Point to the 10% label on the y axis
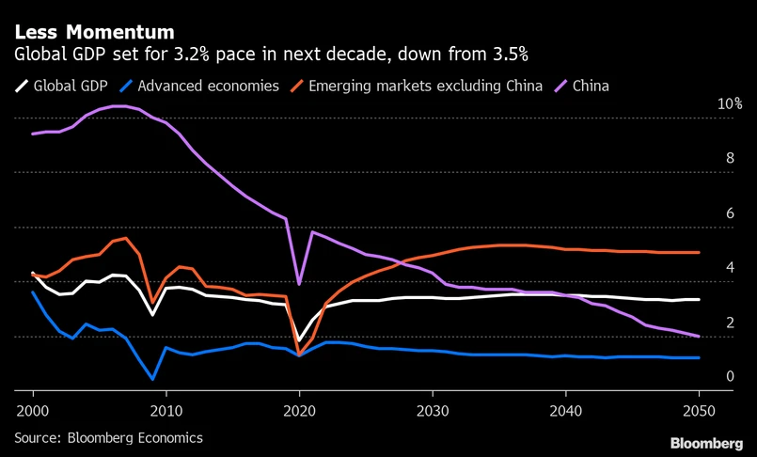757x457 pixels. [x=731, y=103]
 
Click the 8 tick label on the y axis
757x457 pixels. [x=729, y=158]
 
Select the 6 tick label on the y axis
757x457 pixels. [x=729, y=213]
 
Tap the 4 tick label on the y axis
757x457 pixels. [x=729, y=268]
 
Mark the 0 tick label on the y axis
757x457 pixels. [x=729, y=376]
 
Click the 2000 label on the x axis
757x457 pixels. [x=33, y=411]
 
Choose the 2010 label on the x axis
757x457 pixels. [x=166, y=411]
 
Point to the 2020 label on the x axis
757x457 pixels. [x=299, y=411]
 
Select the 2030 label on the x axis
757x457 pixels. [x=433, y=411]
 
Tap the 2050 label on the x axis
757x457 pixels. [x=699, y=411]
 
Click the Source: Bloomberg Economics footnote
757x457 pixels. [x=108, y=437]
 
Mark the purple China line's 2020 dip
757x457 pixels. [x=299, y=283]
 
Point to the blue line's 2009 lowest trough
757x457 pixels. [x=152, y=379]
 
